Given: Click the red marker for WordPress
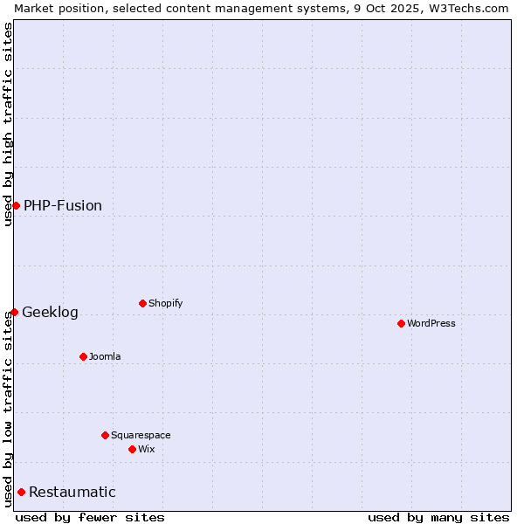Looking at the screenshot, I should [x=401, y=323].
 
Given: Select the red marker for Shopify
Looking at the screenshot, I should [x=142, y=303].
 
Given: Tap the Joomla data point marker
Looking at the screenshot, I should [x=83, y=356].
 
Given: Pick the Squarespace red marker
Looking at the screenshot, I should [x=105, y=435].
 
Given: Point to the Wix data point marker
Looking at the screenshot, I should [x=132, y=449].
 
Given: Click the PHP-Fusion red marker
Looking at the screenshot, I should [x=16, y=205].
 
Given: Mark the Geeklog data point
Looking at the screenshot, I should [x=14, y=312].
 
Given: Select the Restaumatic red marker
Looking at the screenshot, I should [x=21, y=492].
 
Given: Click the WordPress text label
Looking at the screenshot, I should [x=431, y=323].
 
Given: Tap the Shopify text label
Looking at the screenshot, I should [x=166, y=303].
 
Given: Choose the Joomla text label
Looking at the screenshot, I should [x=105, y=356].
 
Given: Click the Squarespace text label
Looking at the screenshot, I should [x=141, y=435].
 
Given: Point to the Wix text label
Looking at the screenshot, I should [x=147, y=449].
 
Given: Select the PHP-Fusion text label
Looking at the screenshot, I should [x=63, y=205].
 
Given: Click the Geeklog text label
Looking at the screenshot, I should [x=50, y=312].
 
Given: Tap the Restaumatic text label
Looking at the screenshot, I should [x=72, y=492].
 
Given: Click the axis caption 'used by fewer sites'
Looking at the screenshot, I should [x=90, y=517].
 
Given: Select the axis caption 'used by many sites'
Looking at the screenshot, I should [x=438, y=517].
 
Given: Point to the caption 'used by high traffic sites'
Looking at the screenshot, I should [x=8, y=124].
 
